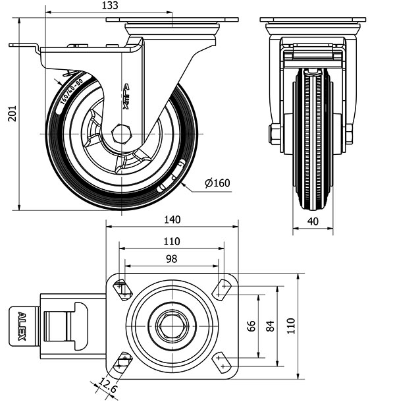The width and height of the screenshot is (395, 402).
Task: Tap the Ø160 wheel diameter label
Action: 217,183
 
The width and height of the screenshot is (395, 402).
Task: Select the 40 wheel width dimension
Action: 313,221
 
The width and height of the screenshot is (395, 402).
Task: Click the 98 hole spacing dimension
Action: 171,259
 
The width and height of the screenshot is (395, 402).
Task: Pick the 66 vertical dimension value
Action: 251,326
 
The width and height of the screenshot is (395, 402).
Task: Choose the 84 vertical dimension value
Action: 269,326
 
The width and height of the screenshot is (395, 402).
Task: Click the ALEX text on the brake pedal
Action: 21,326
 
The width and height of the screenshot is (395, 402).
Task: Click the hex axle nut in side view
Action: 122,134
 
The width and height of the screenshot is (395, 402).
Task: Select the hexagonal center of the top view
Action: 172,326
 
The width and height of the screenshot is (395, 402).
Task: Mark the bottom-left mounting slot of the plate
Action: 122,361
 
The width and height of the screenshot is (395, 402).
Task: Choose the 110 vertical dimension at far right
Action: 290,326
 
